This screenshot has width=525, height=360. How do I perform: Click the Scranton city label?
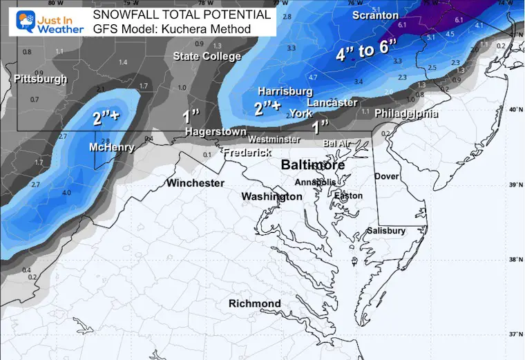(x=375, y=15)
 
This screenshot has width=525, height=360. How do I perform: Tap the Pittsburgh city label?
(x=41, y=79)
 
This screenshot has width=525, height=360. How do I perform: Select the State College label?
(x=207, y=57)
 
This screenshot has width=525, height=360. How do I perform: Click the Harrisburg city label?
(x=285, y=91)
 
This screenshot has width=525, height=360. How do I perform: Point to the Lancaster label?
(x=332, y=103)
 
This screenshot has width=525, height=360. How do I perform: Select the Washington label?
(x=271, y=197)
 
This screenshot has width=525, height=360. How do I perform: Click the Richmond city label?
(x=255, y=304)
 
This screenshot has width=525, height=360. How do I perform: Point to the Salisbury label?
(x=386, y=231)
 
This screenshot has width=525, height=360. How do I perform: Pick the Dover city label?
(x=387, y=176)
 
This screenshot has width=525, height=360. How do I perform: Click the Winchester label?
(x=195, y=183)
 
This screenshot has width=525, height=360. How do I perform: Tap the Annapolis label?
(x=316, y=182)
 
